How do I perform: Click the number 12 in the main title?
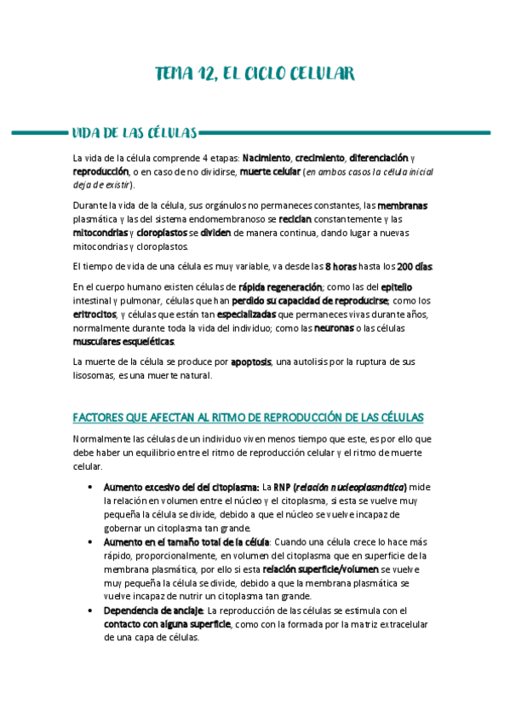(x=203, y=74)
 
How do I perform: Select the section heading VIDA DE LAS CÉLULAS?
(x=135, y=133)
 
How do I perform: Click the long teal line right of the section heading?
(x=345, y=133)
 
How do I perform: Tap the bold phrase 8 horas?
(x=341, y=267)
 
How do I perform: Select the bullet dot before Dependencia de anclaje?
(x=90, y=611)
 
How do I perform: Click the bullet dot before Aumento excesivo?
(x=90, y=487)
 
